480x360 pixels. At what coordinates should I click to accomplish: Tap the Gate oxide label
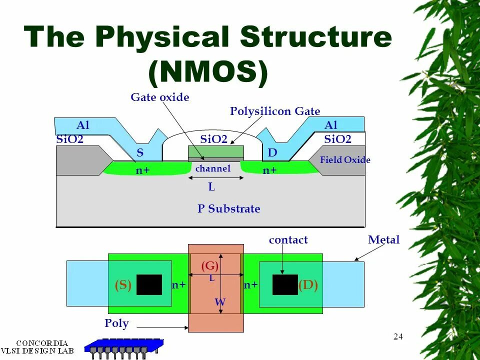click(x=160, y=97)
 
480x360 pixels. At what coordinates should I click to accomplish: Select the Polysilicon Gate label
click(x=275, y=111)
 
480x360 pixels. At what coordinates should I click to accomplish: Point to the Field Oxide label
click(x=345, y=160)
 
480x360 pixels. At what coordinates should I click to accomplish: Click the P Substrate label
click(x=228, y=209)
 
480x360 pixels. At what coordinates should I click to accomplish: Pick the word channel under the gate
click(x=213, y=168)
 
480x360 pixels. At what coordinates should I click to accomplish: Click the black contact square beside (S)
click(x=149, y=284)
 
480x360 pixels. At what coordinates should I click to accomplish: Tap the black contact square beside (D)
click(x=285, y=284)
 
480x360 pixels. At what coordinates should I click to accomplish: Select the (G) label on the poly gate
click(x=209, y=266)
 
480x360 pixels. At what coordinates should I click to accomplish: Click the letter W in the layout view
click(x=220, y=302)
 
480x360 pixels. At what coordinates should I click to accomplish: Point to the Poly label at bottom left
click(x=116, y=323)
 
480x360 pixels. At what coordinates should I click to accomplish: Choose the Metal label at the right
click(x=384, y=240)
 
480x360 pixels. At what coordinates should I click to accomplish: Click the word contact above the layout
click(x=288, y=240)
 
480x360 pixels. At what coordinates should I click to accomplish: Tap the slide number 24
click(x=398, y=336)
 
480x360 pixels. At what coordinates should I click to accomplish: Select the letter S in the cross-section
click(x=140, y=152)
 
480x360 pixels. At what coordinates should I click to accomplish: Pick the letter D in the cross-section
click(x=272, y=152)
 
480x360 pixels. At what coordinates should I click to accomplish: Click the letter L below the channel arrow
click(x=211, y=187)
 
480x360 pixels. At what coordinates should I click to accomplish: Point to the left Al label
click(x=83, y=125)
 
